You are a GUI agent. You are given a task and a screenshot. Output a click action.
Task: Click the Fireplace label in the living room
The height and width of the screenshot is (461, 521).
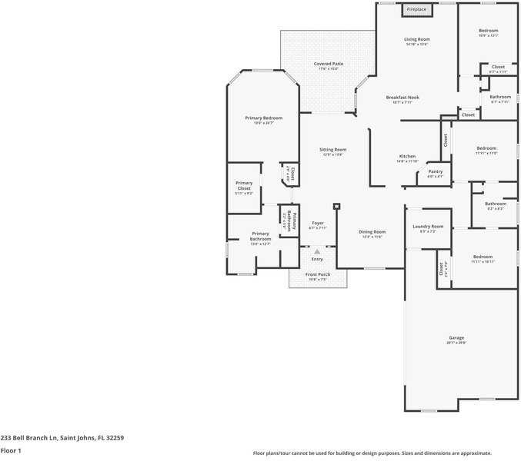416,9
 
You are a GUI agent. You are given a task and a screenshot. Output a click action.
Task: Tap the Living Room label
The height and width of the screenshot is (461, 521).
417,38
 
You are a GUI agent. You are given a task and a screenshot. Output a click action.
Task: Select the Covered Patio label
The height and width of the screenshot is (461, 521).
329,64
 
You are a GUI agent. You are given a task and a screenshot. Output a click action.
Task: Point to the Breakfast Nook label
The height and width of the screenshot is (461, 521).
402,98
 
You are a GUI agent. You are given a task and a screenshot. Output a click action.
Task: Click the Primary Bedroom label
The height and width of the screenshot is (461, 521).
263,118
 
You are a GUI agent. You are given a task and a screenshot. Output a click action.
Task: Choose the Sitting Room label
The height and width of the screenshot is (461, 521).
333,149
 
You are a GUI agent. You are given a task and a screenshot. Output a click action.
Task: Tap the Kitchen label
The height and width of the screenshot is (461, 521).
407,156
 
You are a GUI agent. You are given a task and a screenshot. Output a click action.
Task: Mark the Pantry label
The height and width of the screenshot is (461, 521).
435,171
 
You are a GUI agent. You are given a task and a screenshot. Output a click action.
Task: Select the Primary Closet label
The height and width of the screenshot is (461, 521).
244,185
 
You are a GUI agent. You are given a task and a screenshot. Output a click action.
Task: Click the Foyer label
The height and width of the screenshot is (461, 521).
318,223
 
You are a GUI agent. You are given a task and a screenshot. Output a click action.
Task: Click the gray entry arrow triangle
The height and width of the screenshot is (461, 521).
317,251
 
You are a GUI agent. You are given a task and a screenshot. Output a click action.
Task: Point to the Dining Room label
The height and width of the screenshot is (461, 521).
372,231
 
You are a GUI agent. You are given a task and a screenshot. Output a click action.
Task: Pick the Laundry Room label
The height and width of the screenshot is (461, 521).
428,226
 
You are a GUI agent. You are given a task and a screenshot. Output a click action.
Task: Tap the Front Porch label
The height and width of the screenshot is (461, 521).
318,274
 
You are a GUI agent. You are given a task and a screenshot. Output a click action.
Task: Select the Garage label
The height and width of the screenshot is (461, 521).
457,338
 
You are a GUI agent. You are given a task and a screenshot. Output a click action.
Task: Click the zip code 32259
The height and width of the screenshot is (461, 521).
115,437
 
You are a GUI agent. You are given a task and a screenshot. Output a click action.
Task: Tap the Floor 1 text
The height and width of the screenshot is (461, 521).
9,452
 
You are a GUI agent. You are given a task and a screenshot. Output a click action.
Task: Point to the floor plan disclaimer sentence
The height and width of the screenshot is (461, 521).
372,453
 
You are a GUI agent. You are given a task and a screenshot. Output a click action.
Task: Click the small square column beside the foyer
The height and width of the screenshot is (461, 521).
336,206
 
